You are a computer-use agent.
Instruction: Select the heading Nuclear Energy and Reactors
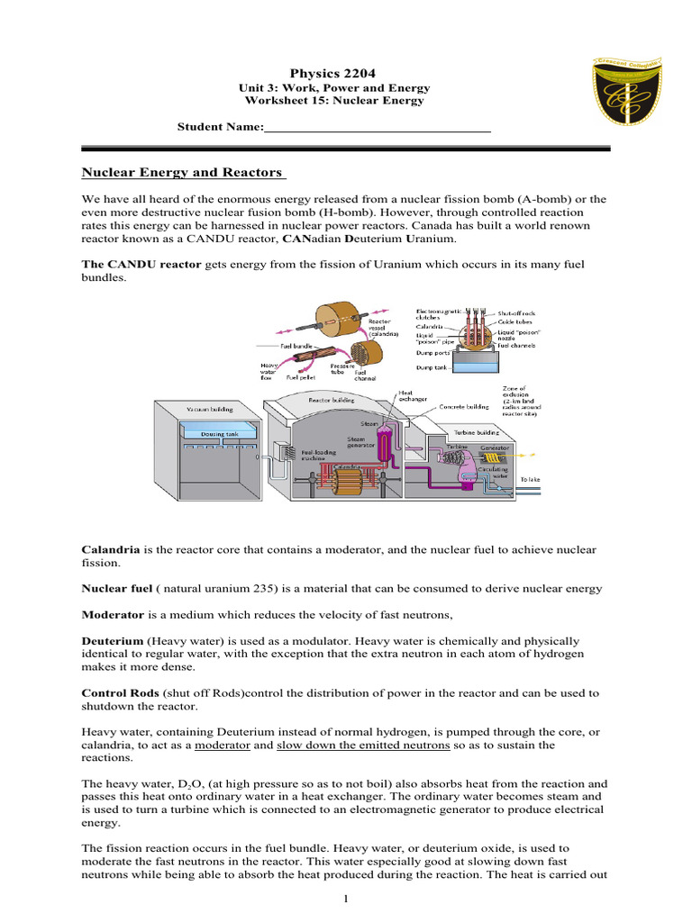click(182, 172)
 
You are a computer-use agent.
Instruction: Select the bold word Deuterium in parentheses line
click(114, 639)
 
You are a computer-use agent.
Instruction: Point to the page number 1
click(347, 898)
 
